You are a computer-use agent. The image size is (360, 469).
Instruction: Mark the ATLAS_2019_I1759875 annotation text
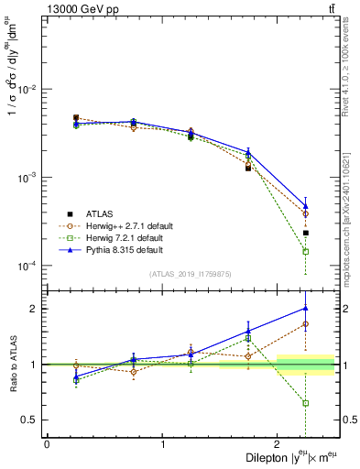tap(191, 274)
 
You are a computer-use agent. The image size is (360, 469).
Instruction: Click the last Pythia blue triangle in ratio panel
tap(306, 309)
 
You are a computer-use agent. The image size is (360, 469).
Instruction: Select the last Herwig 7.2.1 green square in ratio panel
tap(306, 403)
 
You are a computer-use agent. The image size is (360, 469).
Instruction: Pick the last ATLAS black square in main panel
tap(306, 233)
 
